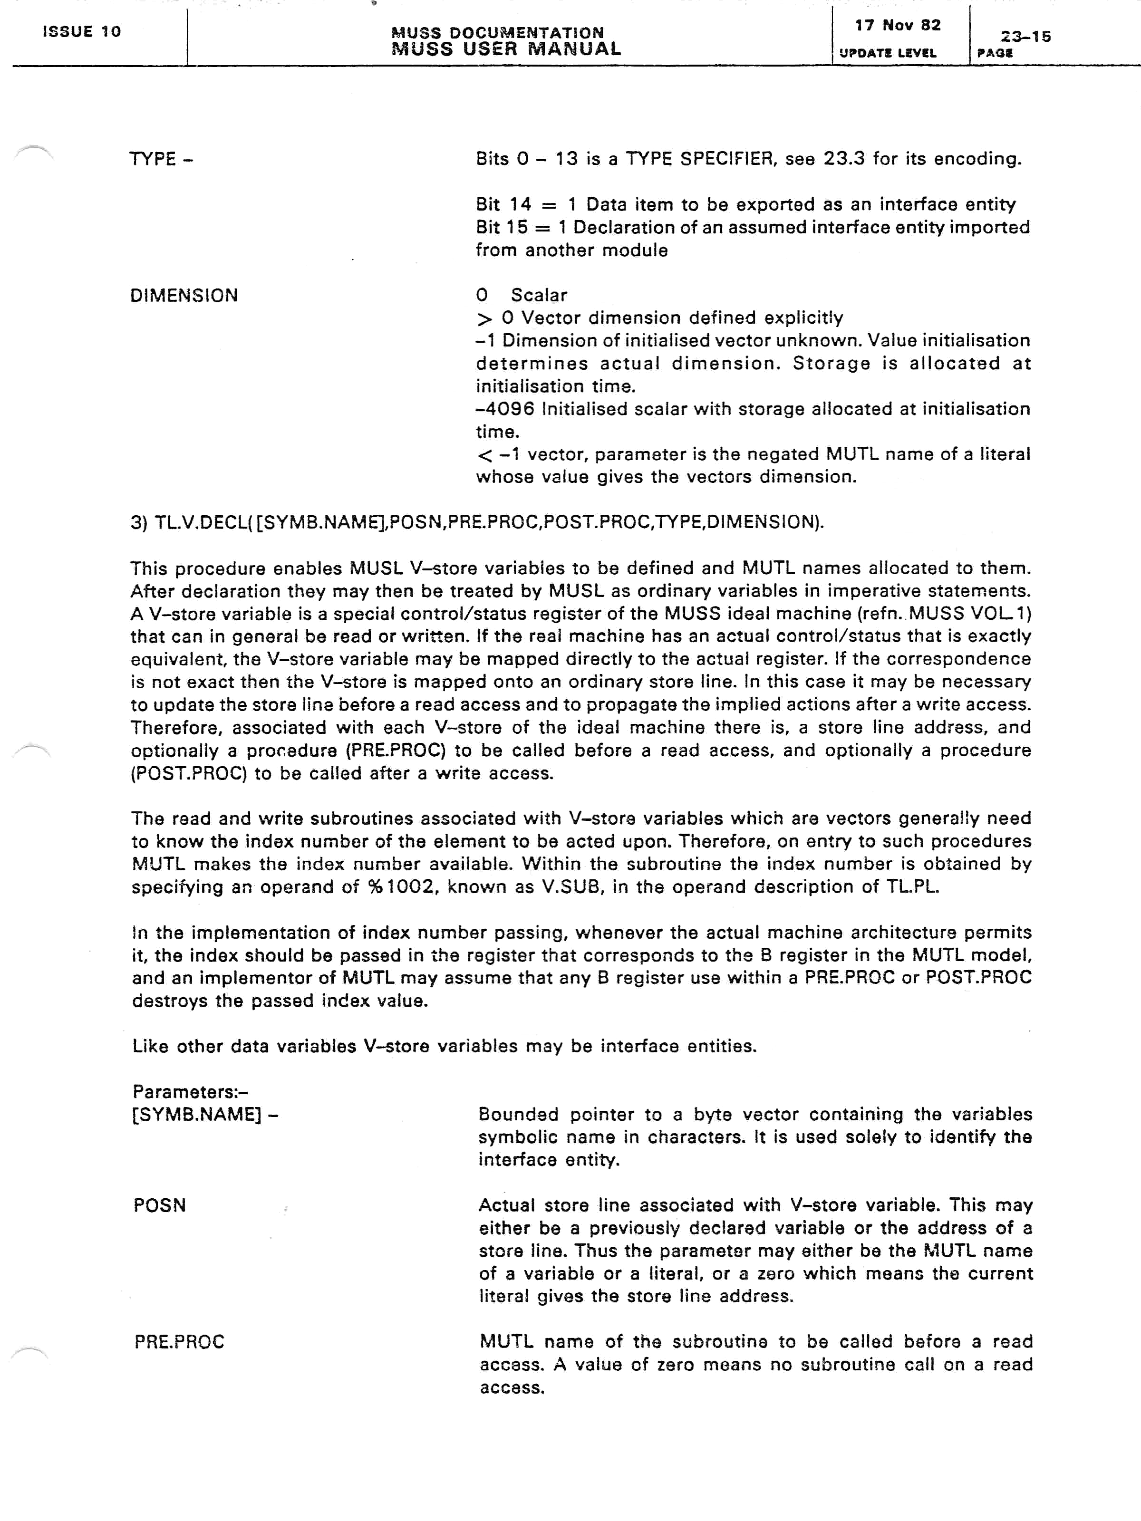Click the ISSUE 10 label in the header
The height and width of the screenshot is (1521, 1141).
coord(81,32)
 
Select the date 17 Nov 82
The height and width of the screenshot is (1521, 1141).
coord(898,26)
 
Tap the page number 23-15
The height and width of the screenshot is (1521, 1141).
coord(1025,37)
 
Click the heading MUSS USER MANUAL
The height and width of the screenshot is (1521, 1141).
coord(506,49)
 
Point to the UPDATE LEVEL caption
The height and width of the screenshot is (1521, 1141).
coord(887,53)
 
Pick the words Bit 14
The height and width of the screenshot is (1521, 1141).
coord(503,204)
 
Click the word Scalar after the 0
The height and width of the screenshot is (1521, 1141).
coord(539,296)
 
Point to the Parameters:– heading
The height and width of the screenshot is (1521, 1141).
coord(190,1092)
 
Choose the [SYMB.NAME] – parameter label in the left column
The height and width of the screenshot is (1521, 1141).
coord(204,1115)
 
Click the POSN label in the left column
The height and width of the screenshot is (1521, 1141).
coord(160,1205)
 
